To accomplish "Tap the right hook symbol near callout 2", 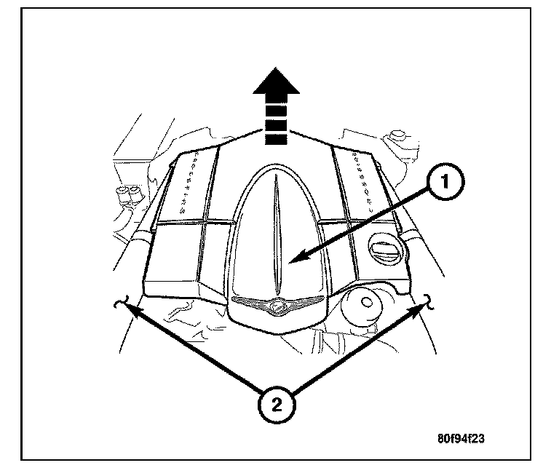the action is coord(430,301).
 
